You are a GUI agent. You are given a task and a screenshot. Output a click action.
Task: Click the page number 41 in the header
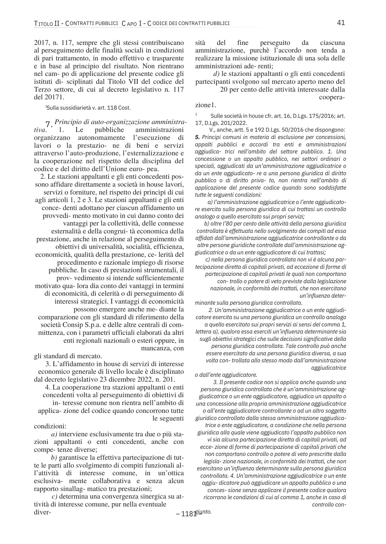click(341, 23)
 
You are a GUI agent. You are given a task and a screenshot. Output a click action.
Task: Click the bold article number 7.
click(49, 125)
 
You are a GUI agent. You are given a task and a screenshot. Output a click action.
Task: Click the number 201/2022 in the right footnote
click(237, 123)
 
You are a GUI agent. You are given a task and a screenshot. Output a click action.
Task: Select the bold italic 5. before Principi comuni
click(198, 137)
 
